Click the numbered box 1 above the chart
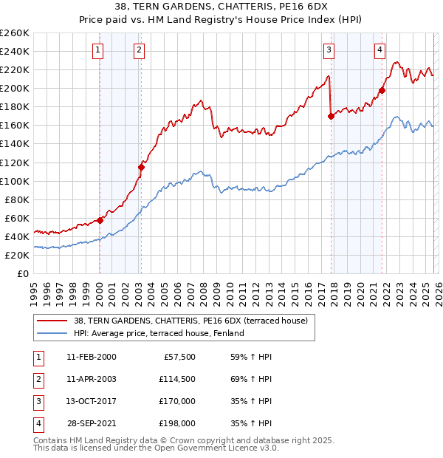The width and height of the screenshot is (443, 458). pos(98,50)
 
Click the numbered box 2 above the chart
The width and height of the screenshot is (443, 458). pos(139,50)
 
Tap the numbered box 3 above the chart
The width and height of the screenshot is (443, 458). pos(329,50)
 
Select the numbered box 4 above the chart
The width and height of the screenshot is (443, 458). pos(380,50)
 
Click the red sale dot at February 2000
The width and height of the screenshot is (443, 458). pos(100,220)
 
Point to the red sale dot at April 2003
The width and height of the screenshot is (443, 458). pos(141,167)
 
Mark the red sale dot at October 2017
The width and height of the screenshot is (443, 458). pos(331,115)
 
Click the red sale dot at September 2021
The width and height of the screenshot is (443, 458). pos(382,90)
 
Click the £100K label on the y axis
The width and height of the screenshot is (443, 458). pos(15,181)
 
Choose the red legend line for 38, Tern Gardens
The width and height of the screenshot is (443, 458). pos(52,321)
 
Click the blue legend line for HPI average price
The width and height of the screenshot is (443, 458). pos(52,333)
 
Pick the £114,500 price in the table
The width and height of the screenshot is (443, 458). pos(176,379)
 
